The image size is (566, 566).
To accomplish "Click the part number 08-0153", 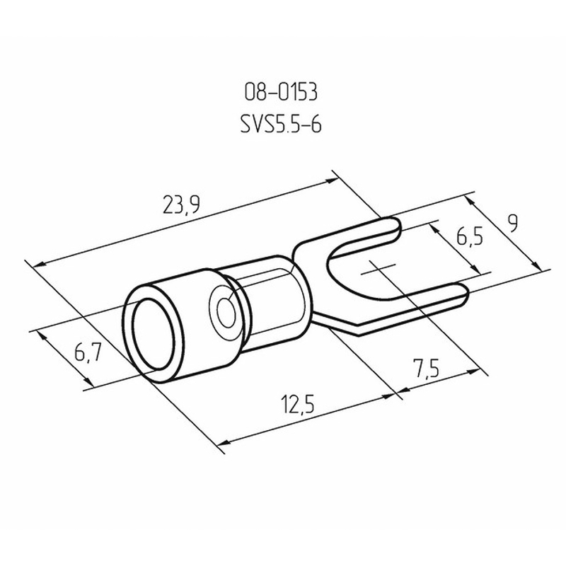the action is pos(281,92).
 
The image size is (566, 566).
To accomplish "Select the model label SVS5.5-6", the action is pos(281,125).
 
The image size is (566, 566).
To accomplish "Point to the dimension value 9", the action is pos(512,223).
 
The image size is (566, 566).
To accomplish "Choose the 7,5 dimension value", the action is pos(427,368).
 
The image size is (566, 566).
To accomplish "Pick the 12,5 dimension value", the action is pos(298,404).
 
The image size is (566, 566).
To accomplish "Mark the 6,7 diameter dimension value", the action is pos(88,352).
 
